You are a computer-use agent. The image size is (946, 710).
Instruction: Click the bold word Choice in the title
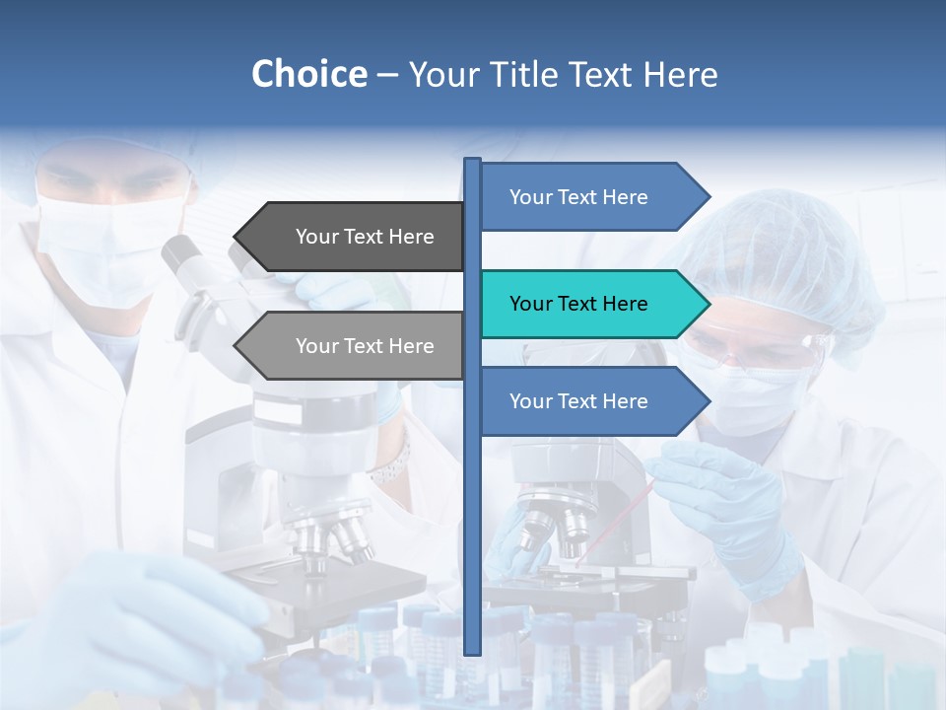(308, 74)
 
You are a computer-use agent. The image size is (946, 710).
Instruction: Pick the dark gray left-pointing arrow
(355, 237)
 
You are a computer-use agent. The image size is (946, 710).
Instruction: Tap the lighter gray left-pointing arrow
(355, 346)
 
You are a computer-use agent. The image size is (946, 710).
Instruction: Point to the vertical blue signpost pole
(473, 493)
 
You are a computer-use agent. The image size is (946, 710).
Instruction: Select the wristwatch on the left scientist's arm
(392, 463)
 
